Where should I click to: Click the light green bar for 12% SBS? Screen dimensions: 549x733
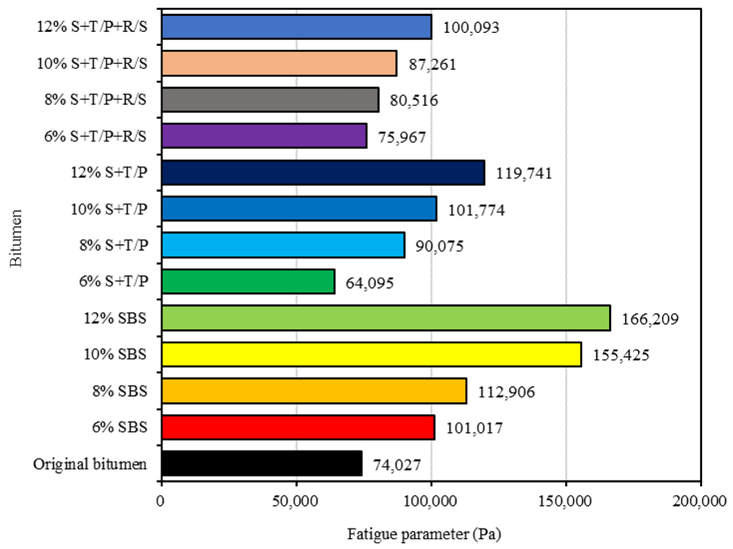tap(386, 318)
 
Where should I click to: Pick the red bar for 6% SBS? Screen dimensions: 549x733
tap(298, 427)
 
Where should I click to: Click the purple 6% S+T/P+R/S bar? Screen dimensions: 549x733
tap(264, 136)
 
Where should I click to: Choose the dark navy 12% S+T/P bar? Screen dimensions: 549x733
tap(323, 172)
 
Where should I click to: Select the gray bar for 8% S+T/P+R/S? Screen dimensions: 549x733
tap(270, 100)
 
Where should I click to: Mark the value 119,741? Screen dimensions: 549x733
tap(524, 173)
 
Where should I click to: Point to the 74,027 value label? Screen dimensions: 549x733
tap(397, 465)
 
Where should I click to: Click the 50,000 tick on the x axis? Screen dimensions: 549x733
tap(295, 501)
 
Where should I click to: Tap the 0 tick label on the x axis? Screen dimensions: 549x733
tap(161, 501)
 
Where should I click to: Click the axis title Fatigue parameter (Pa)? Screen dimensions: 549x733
tap(424, 534)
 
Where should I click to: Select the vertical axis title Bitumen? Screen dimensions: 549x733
tap(16, 238)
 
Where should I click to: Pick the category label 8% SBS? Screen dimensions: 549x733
tap(120, 391)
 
